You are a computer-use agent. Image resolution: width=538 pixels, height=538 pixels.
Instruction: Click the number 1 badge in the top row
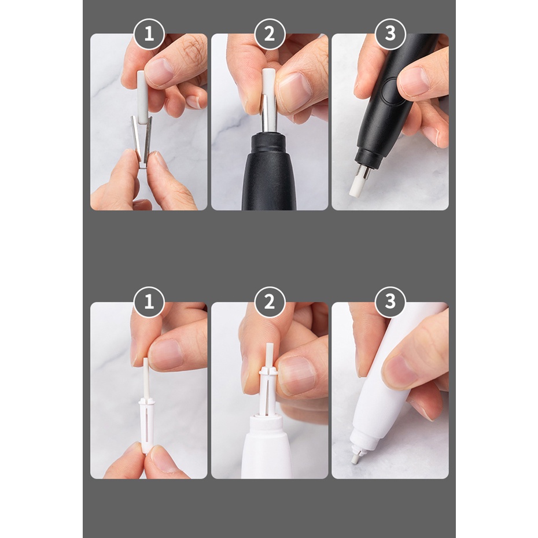149,34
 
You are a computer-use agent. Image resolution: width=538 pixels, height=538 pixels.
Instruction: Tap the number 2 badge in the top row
270,34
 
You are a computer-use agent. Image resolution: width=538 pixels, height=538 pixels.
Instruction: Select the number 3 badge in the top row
390,34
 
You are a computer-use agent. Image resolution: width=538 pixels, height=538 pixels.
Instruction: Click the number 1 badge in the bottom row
149,302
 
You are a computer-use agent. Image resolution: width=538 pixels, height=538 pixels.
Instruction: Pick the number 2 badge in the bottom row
270,302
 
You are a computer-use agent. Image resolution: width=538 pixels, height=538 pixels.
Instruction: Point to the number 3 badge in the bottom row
390,302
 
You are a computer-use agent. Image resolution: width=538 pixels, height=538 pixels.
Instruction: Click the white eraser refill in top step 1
142,96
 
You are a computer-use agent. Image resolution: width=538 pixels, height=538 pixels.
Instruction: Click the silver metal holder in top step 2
268,113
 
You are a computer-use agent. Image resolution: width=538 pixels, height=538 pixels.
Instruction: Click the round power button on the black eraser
389,91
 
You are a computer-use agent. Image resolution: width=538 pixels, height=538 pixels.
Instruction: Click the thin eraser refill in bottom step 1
145,379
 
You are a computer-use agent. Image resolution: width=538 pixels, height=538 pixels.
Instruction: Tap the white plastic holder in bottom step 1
146,425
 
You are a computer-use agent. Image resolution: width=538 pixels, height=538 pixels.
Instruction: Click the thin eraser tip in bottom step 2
269,357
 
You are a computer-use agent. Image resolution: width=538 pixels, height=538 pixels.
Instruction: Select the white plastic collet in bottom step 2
268,391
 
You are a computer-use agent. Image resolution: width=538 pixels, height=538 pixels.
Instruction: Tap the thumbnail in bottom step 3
400,370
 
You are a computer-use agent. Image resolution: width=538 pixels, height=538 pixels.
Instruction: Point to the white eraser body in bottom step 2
267,446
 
